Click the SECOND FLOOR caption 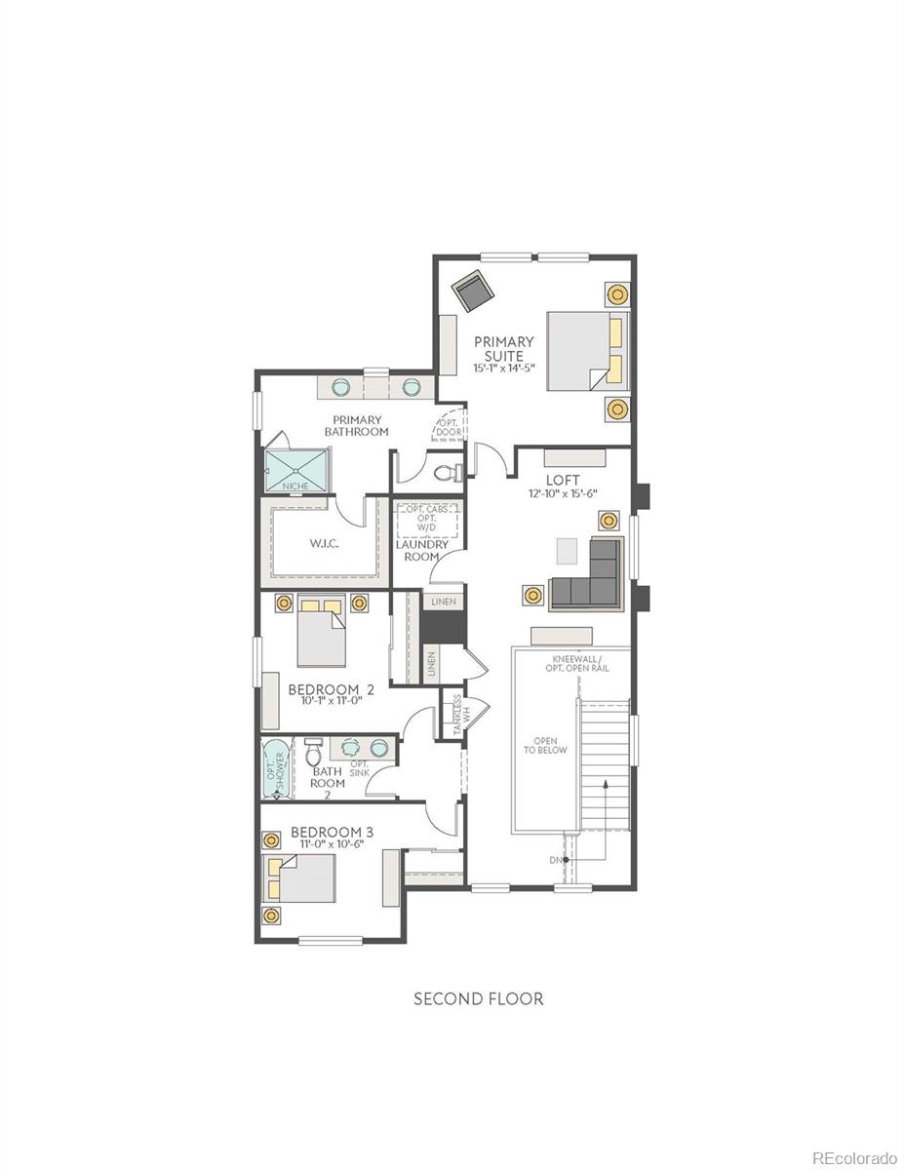[478, 998]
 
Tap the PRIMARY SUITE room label [504, 349]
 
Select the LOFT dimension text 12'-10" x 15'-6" [563, 493]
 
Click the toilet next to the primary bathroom [450, 473]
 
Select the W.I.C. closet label [324, 543]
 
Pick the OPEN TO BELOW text [544, 746]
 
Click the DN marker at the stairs [557, 860]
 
